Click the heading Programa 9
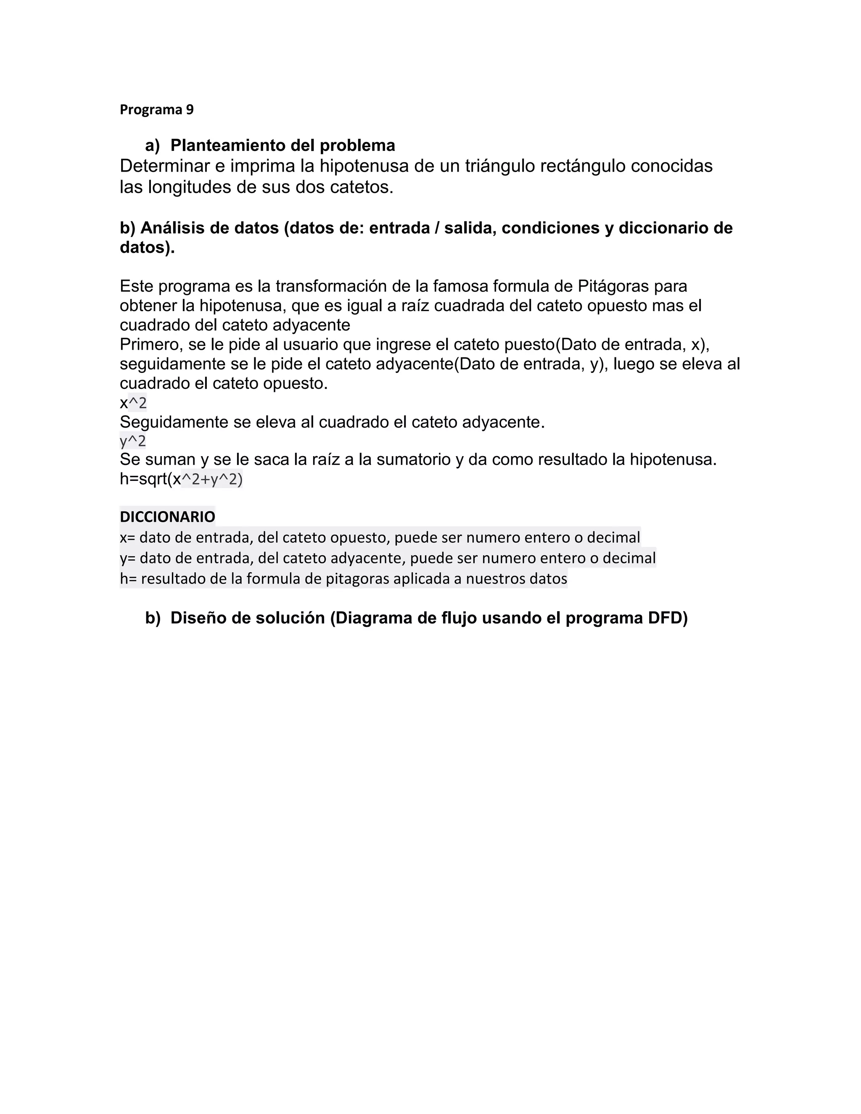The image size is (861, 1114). coord(156,110)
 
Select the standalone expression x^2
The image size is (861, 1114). coord(133,403)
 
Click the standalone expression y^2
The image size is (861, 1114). coord(132,441)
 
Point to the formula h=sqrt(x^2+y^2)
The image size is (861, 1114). coord(181,480)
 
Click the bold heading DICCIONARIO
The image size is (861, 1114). coord(167,517)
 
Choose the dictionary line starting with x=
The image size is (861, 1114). coord(380,538)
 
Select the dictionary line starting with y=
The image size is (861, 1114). coord(388,558)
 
